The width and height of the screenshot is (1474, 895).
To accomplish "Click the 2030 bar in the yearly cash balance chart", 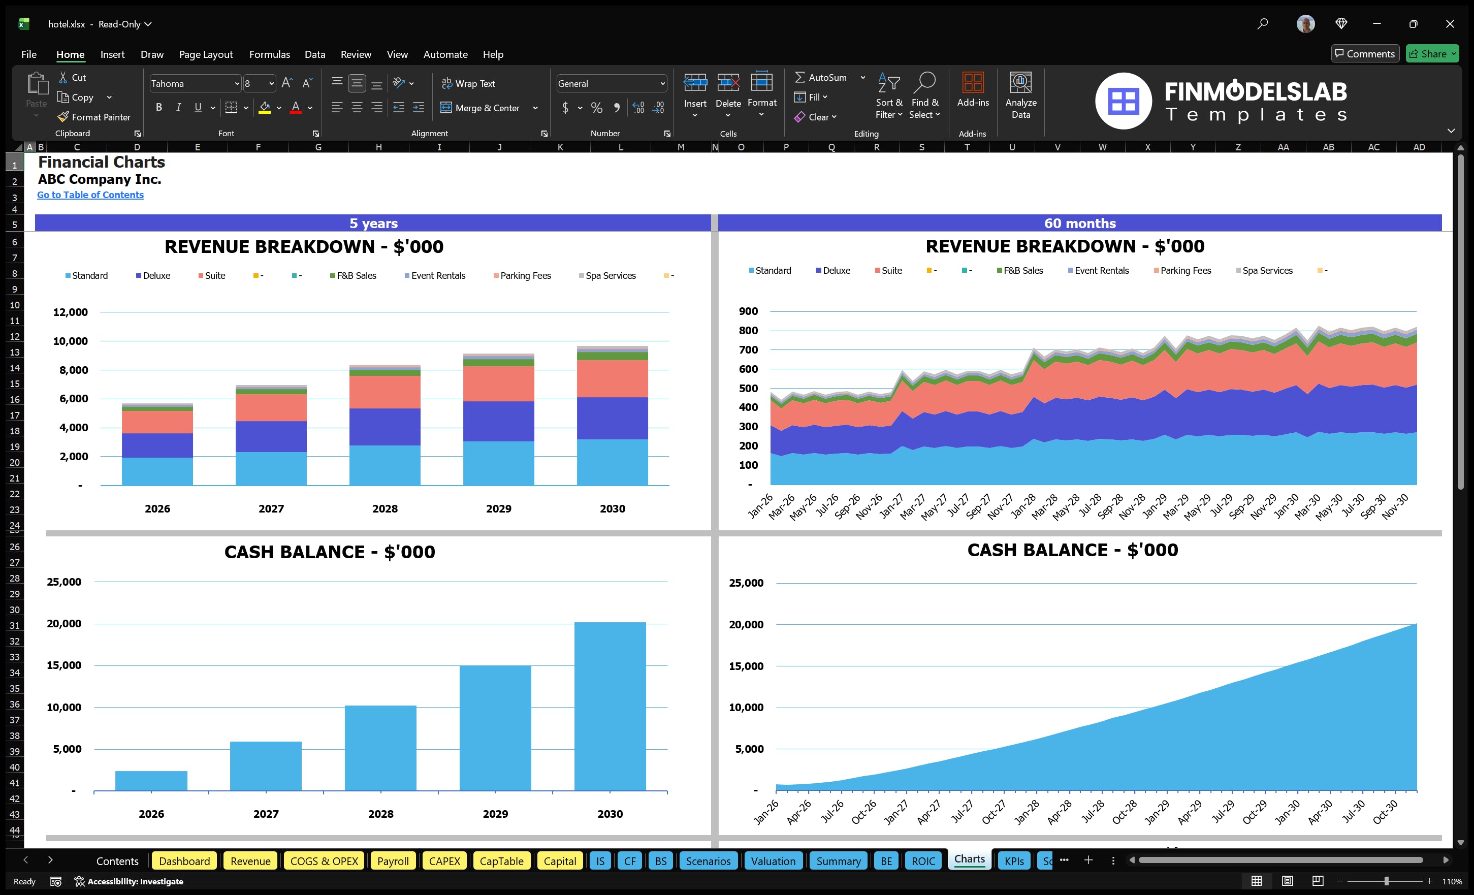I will tap(610, 706).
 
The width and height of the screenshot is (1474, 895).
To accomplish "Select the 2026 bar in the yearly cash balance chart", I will tap(151, 780).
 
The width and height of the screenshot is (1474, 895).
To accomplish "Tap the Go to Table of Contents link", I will tap(90, 195).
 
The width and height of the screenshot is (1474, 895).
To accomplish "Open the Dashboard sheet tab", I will tap(184, 860).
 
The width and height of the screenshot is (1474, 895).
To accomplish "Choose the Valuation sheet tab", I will tap(773, 860).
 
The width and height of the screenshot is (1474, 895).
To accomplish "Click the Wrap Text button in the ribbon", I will tap(468, 84).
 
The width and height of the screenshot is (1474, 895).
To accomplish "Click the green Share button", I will tap(1431, 54).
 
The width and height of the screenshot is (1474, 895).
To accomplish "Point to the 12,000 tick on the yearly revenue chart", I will tap(70, 312).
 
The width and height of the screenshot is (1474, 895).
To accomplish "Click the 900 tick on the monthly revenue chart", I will tap(748, 311).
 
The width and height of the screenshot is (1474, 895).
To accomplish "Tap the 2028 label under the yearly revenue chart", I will tap(384, 508).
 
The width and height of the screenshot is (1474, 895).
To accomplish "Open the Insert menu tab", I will tap(112, 54).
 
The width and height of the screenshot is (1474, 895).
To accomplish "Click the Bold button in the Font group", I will tap(158, 108).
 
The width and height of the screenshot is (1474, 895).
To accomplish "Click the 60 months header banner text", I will tap(1080, 223).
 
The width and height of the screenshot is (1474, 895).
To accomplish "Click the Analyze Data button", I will tap(1020, 95).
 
